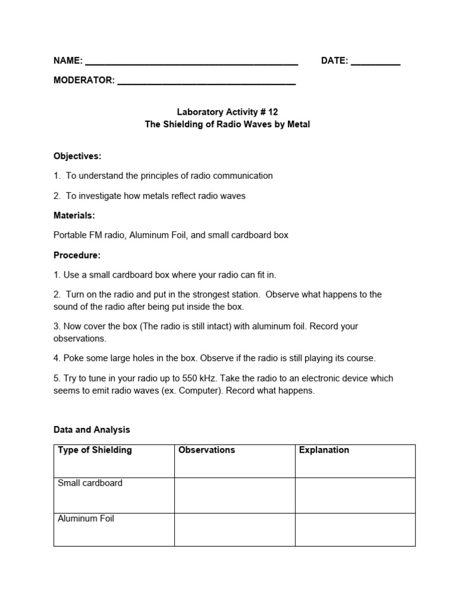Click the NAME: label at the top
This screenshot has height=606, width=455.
[x=68, y=61]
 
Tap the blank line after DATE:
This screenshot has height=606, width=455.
[x=376, y=62]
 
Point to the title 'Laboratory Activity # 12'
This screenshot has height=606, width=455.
[x=227, y=111]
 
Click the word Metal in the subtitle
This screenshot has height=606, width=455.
[x=297, y=124]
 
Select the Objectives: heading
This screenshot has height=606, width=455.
[x=78, y=156]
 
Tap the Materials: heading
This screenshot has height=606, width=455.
[x=74, y=215]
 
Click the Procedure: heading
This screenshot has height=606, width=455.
[x=77, y=255]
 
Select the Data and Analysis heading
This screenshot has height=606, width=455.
[x=92, y=430]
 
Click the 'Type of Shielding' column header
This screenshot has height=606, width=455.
[x=95, y=450]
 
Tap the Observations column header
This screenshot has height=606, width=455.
[x=207, y=450]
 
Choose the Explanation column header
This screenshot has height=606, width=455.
[x=324, y=450]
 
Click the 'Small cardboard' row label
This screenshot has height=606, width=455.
[x=90, y=483]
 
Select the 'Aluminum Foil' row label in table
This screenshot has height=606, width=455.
[x=86, y=518]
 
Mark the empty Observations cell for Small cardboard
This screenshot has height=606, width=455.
[x=235, y=495]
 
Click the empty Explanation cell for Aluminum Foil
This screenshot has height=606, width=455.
[x=355, y=530]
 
